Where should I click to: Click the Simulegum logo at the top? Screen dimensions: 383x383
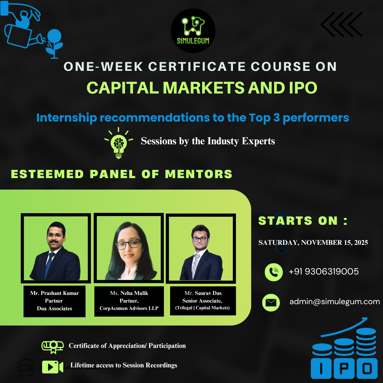pos(193,31)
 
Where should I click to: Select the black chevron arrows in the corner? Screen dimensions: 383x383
pos(342,25)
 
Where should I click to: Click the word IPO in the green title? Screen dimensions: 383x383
pos(303,88)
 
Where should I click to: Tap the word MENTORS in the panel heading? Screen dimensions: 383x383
pos(199,174)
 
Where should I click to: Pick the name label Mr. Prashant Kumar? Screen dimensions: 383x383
pos(54,293)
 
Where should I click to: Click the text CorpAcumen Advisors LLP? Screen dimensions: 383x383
pos(129,308)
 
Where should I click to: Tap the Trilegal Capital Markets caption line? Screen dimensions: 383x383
pos(202,308)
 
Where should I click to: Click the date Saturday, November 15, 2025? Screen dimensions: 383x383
pos(313,243)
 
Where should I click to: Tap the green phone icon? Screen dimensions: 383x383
pos(274,272)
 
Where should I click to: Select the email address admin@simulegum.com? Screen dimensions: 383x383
pos(334,302)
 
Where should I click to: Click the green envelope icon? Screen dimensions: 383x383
pos(271,302)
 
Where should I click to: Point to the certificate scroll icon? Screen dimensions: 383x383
pos(53,346)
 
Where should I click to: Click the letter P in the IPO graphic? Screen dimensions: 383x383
pos(344,369)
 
